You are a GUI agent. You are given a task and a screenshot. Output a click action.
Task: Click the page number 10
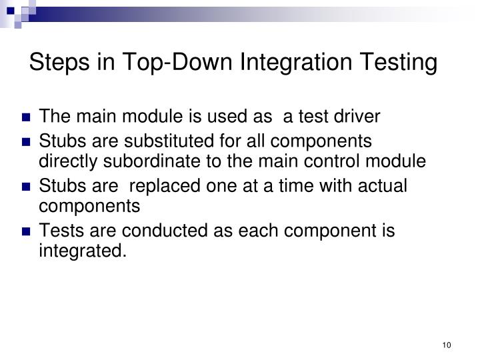(447, 345)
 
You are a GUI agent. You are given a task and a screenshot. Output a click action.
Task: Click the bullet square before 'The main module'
(27, 118)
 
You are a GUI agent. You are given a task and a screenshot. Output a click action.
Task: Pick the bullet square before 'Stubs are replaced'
(27, 187)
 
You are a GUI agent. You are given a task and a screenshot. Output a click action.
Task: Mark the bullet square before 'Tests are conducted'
(27, 231)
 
